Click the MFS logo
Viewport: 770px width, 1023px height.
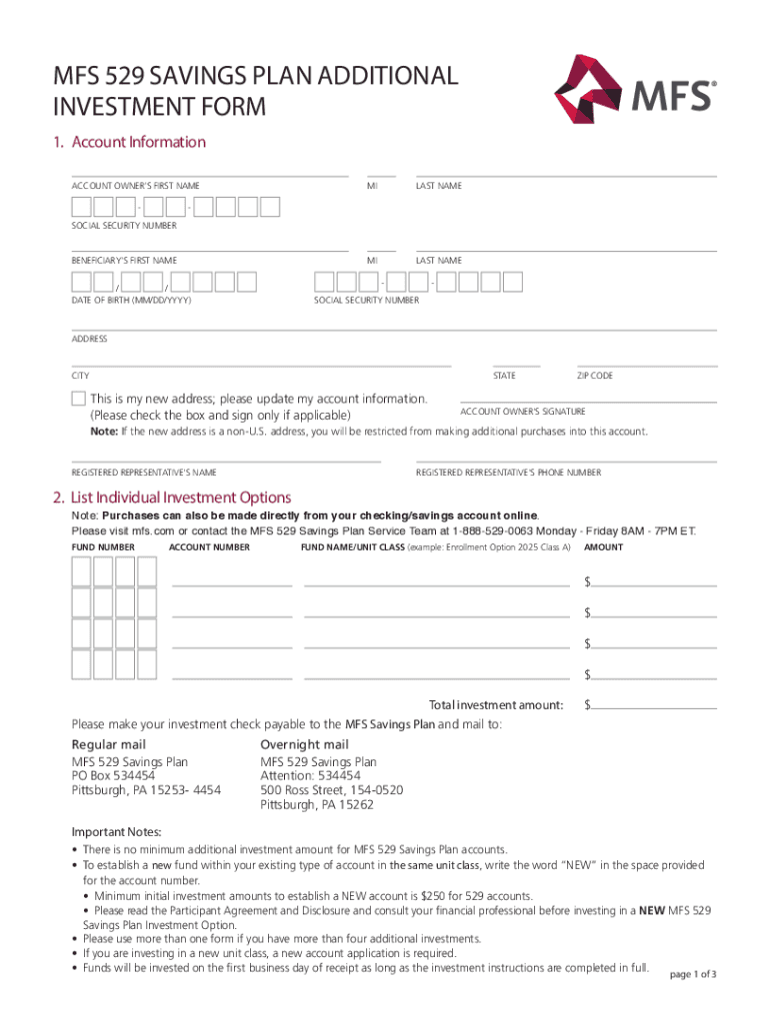pos(635,90)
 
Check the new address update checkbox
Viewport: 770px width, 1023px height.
pos(79,399)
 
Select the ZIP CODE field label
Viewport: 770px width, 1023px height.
pos(595,376)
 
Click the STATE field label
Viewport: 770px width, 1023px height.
pos(505,376)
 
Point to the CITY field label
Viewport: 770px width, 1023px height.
pos(80,376)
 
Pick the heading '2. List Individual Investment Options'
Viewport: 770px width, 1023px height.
pos(172,498)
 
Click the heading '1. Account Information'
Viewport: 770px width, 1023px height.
pos(129,142)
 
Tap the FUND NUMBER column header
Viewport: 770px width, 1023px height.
pos(103,547)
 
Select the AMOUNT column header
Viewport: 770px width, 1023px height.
pos(604,547)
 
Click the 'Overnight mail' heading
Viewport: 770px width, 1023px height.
pos(304,744)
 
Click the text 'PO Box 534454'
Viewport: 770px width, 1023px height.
pos(113,775)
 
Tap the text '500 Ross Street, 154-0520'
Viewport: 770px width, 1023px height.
pos(332,789)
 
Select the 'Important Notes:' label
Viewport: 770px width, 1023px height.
pos(116,832)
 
